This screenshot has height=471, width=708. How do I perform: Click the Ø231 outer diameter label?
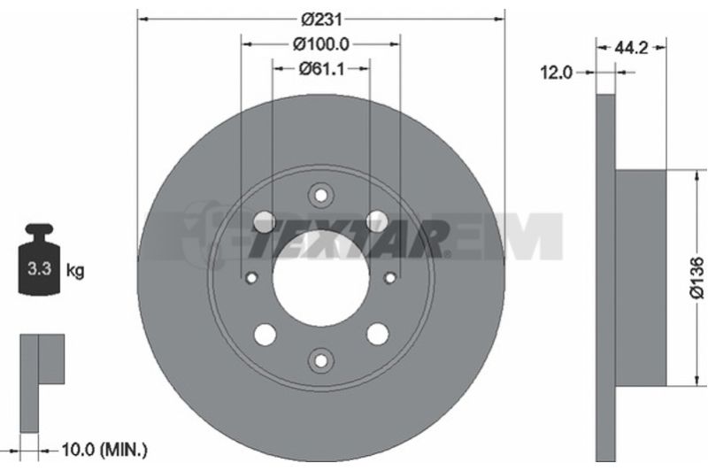point(321,19)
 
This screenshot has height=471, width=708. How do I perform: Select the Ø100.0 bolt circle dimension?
point(321,44)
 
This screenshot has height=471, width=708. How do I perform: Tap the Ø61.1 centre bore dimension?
point(321,69)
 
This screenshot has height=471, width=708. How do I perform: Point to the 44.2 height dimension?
point(631,48)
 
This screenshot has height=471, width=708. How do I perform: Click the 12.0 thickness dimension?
point(557,73)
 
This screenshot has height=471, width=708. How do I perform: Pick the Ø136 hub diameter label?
point(696,277)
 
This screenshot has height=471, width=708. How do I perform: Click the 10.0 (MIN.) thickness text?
point(104,450)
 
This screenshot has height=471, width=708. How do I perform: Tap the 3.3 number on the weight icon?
point(39,268)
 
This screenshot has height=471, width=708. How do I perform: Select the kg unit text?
point(75,271)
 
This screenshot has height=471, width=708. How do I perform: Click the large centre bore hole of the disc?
point(321,279)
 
